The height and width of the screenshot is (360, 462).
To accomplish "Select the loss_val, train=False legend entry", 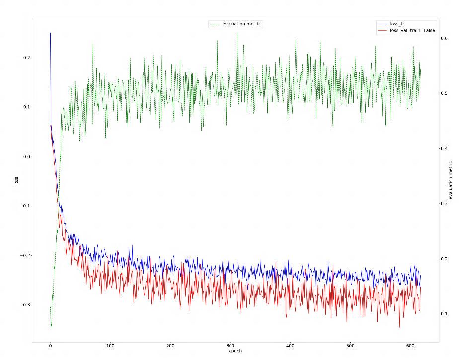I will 412,30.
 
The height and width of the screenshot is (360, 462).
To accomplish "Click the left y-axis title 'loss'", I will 16,181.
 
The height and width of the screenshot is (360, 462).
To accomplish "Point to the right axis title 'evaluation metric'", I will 450,181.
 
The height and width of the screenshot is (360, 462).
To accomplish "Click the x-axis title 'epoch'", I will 236,351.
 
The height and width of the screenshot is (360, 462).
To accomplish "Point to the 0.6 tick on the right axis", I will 445,38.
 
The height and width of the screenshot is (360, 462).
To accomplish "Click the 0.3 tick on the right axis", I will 445,203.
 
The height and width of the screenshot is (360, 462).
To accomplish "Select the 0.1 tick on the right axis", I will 445,314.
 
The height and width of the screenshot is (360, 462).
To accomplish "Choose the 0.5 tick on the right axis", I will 445,93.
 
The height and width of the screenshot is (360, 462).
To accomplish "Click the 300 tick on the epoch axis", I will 231,346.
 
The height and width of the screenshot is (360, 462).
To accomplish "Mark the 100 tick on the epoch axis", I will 110,346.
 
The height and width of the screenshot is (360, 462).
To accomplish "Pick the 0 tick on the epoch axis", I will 50,346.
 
